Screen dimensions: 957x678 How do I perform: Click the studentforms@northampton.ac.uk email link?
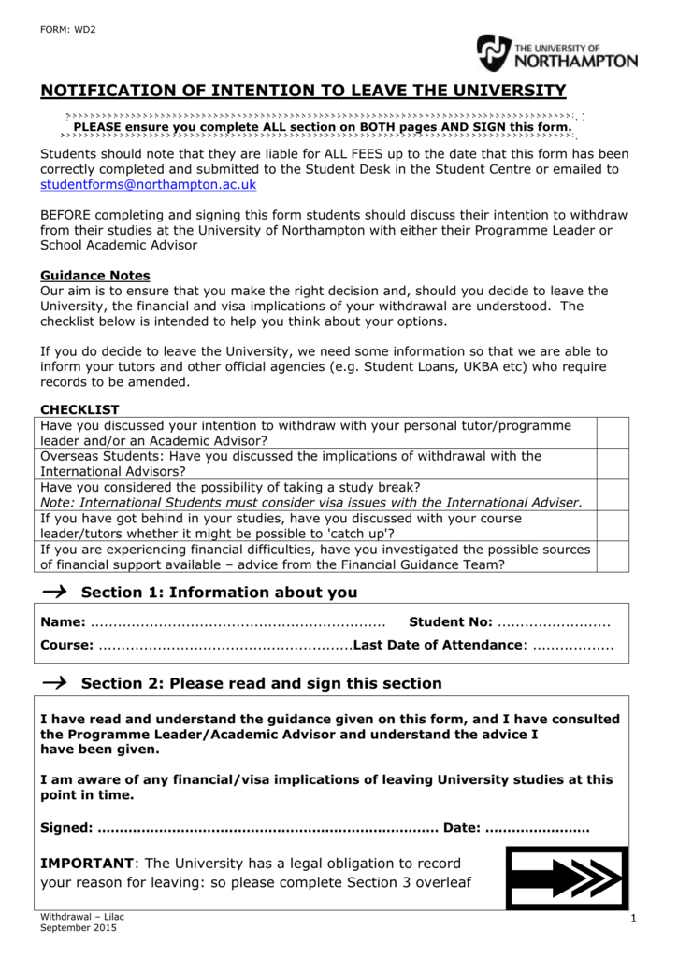coord(148,185)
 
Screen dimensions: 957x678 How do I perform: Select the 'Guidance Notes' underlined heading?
coord(95,276)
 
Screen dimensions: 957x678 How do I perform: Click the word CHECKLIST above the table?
coord(79,409)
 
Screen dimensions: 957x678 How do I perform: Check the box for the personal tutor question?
coord(613,433)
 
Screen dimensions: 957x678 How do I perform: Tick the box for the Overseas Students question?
coord(613,464)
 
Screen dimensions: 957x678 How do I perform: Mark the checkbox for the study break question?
coord(613,494)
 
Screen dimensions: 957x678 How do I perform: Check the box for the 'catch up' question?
coord(613,525)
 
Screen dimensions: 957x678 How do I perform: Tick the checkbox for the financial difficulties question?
coord(613,556)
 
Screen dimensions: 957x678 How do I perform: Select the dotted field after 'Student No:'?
coord(553,623)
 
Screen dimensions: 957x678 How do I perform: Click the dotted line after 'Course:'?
coord(224,646)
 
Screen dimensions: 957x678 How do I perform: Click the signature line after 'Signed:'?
coord(267,828)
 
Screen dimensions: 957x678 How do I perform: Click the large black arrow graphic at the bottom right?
coord(566,878)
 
